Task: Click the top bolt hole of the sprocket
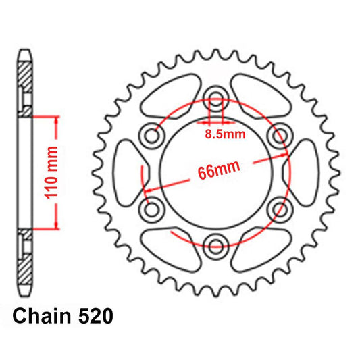pos(215,96)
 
